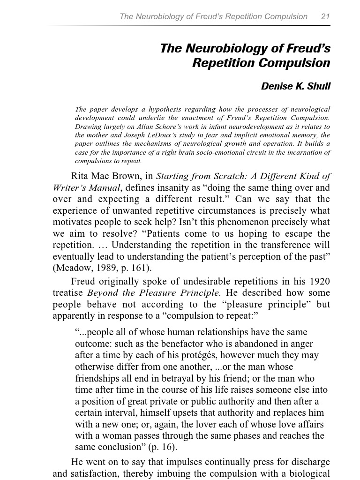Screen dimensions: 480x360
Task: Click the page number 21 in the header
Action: (x=325, y=16)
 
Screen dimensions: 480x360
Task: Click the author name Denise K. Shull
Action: (x=295, y=86)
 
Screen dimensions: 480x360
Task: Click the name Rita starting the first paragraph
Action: (x=80, y=176)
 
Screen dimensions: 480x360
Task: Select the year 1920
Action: (x=320, y=282)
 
